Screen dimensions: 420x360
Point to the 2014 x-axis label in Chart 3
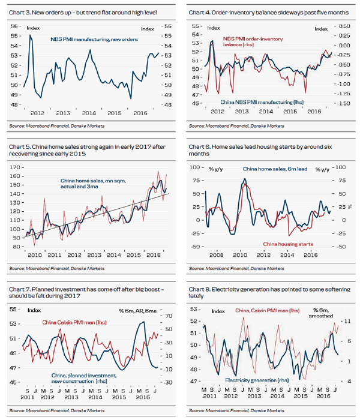[89, 113]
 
